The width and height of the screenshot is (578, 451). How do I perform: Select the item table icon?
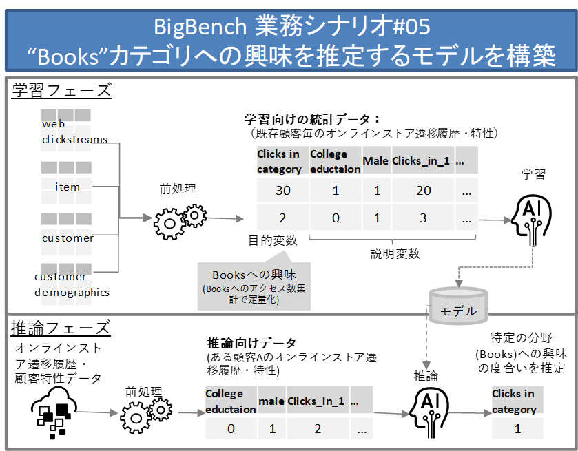(x=66, y=182)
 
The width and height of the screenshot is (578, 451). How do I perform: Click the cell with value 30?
(x=282, y=191)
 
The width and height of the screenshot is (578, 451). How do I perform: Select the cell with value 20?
(x=423, y=191)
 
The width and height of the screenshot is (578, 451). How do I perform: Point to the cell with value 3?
(x=423, y=218)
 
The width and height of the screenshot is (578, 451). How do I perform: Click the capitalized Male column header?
(x=376, y=161)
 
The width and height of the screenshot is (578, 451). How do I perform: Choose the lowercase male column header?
(x=271, y=401)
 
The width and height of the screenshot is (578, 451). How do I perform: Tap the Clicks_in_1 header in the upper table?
(x=421, y=161)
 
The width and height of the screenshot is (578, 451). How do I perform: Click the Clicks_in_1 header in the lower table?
(x=316, y=401)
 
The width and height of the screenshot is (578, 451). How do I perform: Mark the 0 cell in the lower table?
(x=231, y=428)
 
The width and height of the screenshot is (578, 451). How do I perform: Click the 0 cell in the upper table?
(x=336, y=218)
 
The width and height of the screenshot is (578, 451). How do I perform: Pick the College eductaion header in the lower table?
(x=231, y=401)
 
